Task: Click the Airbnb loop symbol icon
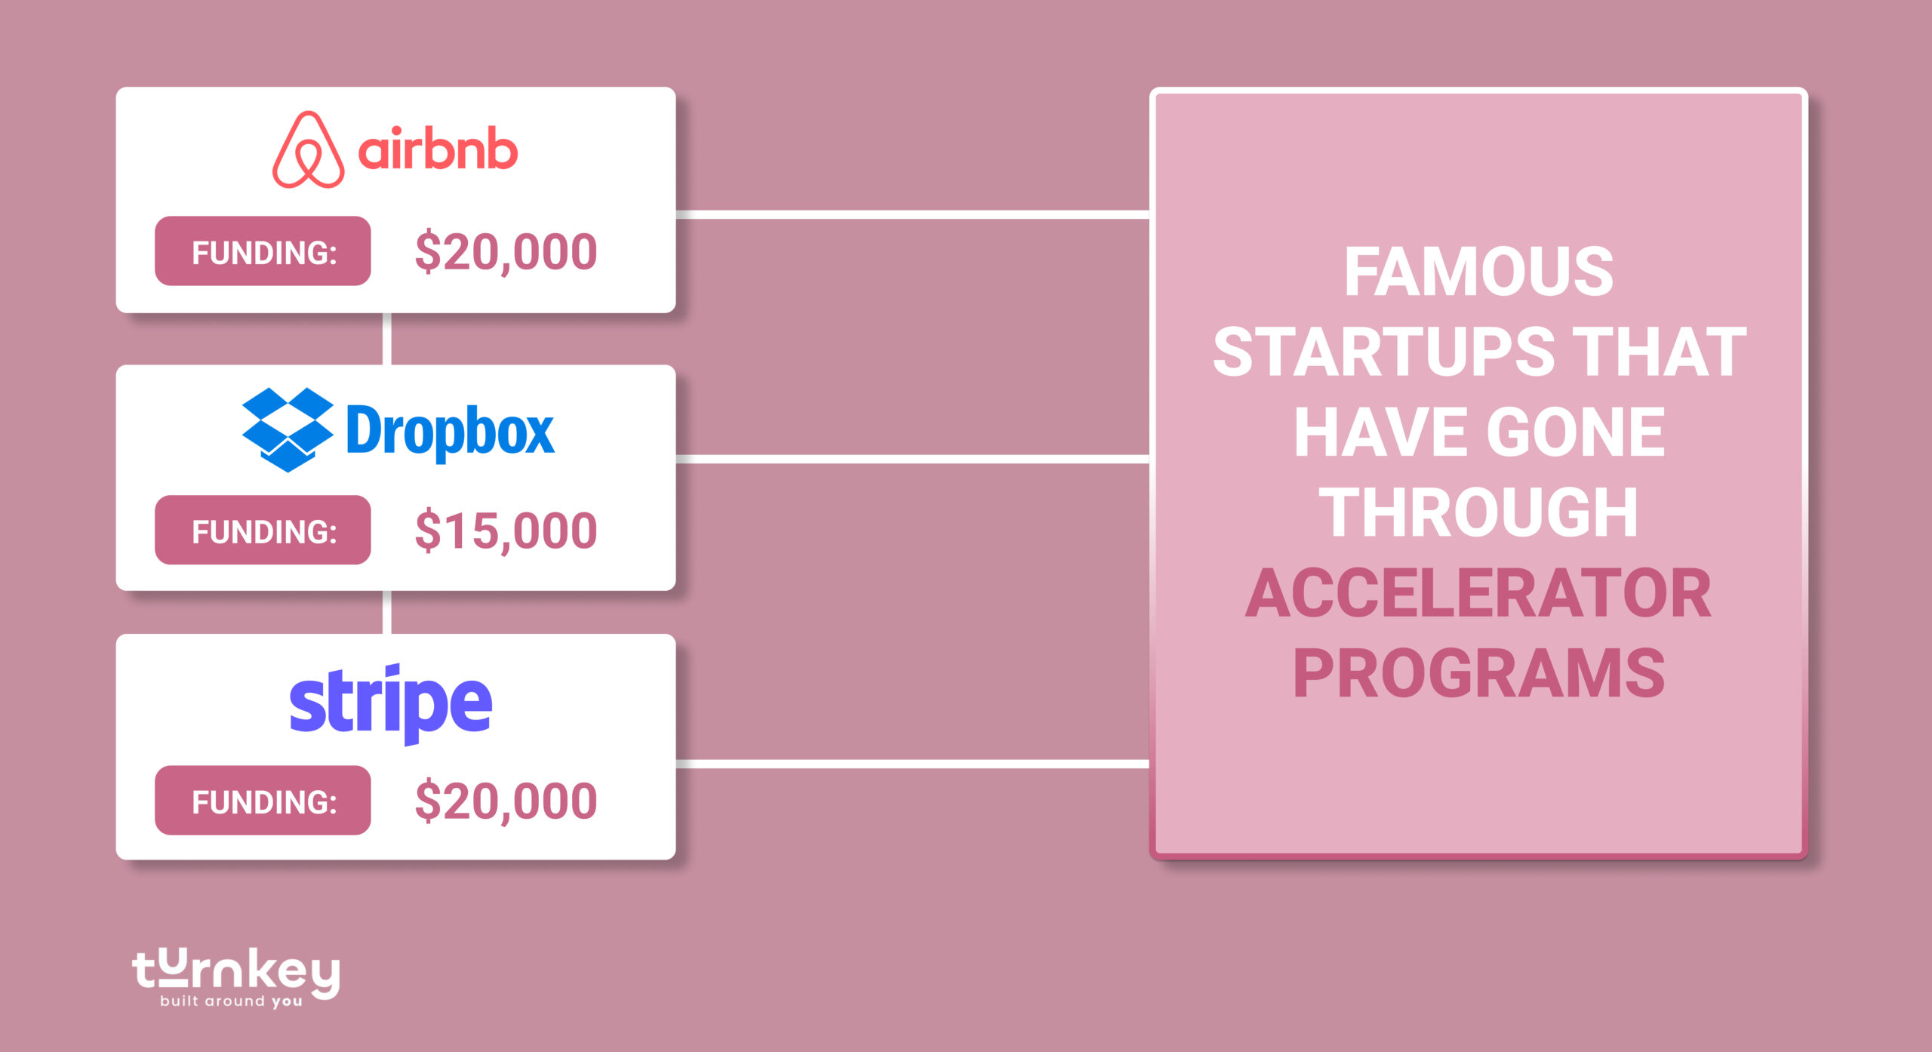[x=308, y=150]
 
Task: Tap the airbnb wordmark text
[x=438, y=149]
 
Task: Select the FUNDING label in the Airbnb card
[x=263, y=251]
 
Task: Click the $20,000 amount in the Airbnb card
[x=506, y=252]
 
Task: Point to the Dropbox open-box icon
[x=287, y=429]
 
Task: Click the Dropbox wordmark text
[x=450, y=431]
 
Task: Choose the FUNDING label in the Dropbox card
[x=263, y=531]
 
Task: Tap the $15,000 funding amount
[x=506, y=531]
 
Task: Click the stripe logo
[x=391, y=703]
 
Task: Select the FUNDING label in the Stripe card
[x=263, y=801]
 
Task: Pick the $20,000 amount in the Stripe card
[x=506, y=801]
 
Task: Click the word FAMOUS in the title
[x=1478, y=272]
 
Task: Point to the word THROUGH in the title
[x=1478, y=512]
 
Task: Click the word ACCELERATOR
[x=1478, y=593]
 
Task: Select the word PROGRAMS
[x=1478, y=673]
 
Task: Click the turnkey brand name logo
[x=235, y=971]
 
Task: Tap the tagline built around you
[x=231, y=1001]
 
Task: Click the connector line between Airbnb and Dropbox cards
[x=387, y=339]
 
